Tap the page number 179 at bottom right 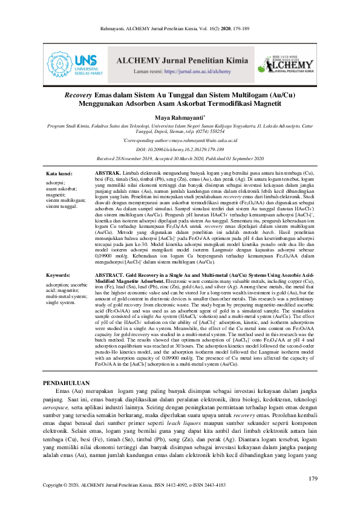point(313,479)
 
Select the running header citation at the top point(180,28)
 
